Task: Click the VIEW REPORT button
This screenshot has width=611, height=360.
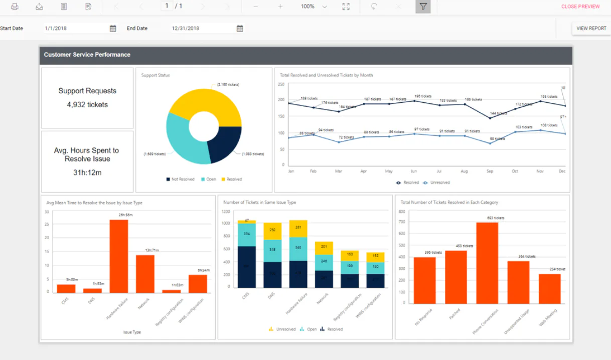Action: (x=591, y=29)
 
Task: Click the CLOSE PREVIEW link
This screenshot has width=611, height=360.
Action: (x=580, y=7)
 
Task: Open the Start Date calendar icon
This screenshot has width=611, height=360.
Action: (x=113, y=29)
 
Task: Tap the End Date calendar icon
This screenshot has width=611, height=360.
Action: (x=240, y=29)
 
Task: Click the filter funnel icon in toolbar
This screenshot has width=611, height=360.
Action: (x=423, y=7)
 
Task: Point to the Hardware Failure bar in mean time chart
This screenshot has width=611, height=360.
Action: (x=119, y=256)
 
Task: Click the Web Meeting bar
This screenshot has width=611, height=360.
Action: (x=550, y=288)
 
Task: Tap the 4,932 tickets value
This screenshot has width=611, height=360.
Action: (x=87, y=105)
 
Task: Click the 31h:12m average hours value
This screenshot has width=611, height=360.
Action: (x=87, y=172)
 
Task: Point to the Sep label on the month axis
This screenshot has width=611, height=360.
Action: (x=490, y=171)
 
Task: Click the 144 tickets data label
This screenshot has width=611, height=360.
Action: (x=498, y=113)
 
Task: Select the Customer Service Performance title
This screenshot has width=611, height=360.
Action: (x=87, y=55)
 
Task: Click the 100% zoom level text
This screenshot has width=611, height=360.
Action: (x=308, y=7)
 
